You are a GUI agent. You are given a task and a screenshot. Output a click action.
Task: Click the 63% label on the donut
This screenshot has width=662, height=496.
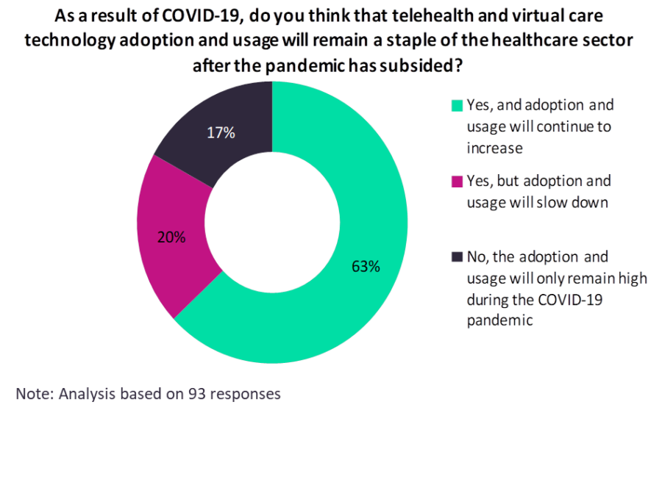(365, 267)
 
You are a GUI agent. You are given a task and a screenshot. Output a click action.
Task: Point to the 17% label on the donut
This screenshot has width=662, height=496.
(221, 133)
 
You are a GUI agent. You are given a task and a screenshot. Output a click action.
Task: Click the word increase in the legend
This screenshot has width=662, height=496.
(494, 148)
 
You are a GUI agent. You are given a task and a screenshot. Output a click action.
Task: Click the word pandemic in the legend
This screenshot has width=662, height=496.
(499, 320)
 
